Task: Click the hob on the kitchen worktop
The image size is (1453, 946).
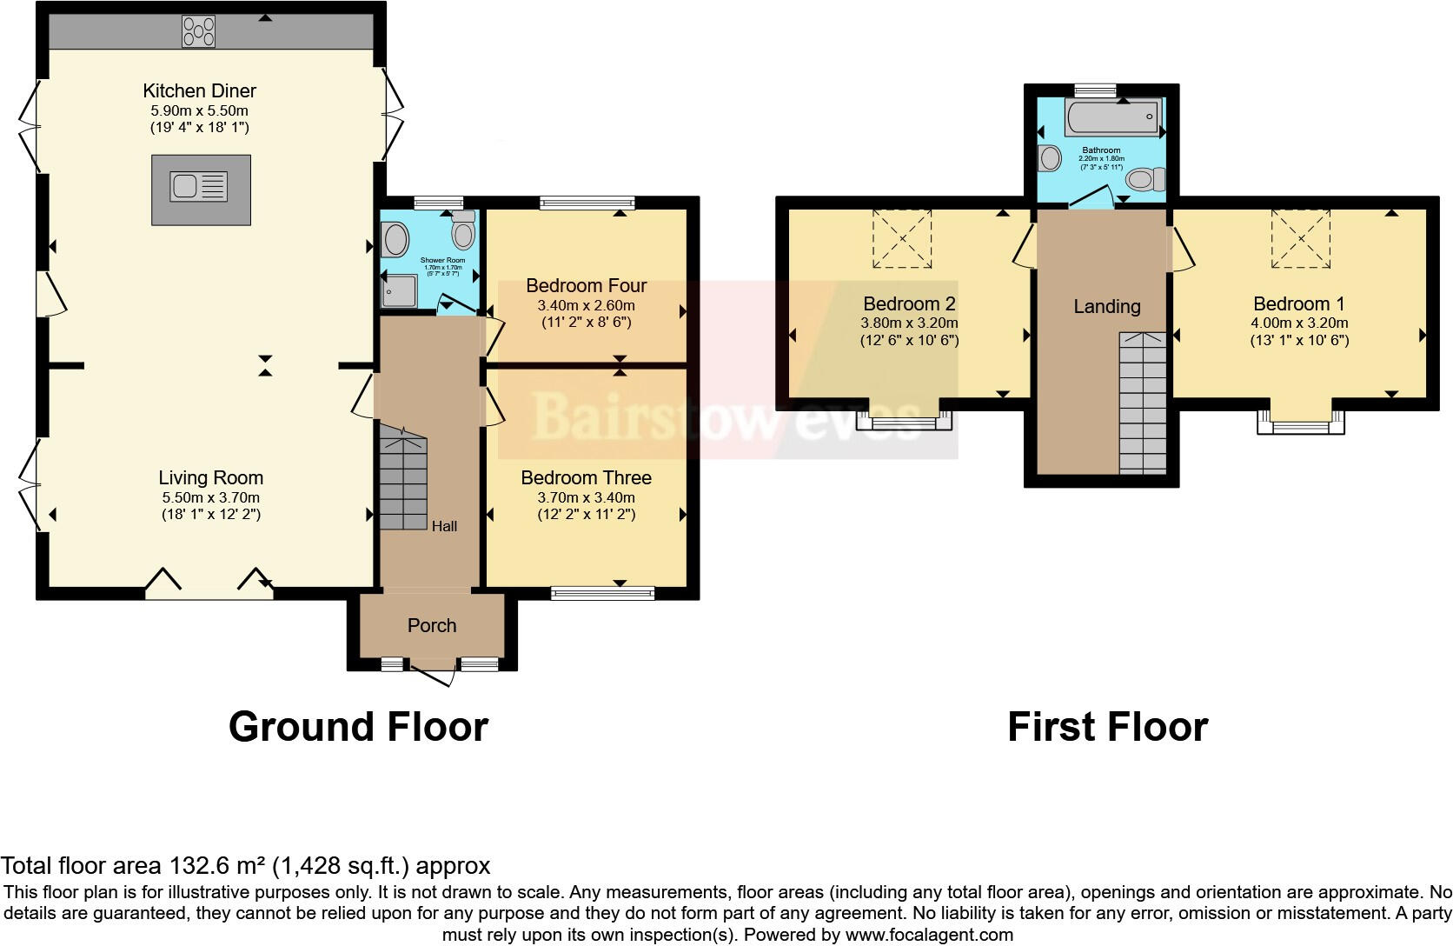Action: click(x=198, y=32)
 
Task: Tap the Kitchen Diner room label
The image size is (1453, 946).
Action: click(x=200, y=90)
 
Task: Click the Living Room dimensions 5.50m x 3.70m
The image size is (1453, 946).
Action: click(x=211, y=497)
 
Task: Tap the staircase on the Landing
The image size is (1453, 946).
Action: click(x=1142, y=403)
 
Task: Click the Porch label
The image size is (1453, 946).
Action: click(x=432, y=625)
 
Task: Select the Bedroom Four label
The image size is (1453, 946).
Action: click(x=587, y=285)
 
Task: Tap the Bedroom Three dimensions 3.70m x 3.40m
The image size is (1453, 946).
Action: click(x=587, y=497)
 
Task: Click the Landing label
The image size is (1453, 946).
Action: click(x=1106, y=306)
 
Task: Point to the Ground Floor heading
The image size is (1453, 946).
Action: click(x=358, y=727)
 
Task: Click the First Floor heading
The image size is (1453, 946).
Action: click(x=1107, y=727)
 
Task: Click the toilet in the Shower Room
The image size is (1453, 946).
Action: click(x=463, y=231)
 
